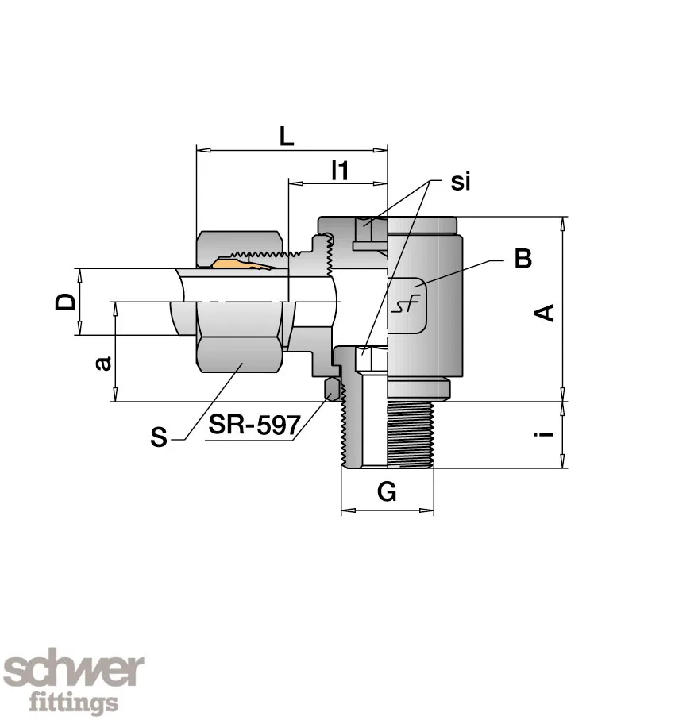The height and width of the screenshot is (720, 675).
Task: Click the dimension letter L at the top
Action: pos(287,137)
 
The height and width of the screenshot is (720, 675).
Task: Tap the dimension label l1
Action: pos(340,171)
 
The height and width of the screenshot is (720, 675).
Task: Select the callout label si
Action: pos(461,181)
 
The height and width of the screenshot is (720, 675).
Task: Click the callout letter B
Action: pos(523,258)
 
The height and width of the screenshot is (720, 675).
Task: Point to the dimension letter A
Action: pos(545,313)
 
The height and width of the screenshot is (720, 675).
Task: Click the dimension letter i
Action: pos(546,433)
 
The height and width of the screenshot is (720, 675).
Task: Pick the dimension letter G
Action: pos(387,492)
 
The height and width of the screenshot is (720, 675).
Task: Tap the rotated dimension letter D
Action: pos(65,302)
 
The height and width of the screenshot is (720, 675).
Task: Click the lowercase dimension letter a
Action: pos(103,363)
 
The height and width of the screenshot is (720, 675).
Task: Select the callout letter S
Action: pos(159,437)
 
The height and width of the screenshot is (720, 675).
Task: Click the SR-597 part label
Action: pos(255,425)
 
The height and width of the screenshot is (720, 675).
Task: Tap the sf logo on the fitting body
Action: pos(407,304)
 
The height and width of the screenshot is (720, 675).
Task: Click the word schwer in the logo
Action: pos(74,671)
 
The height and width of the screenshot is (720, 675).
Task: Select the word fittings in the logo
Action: pos(74,701)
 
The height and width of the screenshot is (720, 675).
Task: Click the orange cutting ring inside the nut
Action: pos(242,263)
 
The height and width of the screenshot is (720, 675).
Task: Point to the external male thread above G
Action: pos(411,434)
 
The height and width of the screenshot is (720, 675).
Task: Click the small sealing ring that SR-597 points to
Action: pos(332,388)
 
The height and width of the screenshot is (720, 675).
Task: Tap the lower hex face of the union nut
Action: pos(239,355)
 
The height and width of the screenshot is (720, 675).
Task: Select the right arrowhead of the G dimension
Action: pos(426,510)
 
